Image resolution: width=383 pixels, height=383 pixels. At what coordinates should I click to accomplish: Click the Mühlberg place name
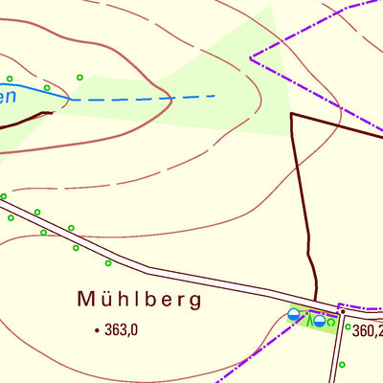coord(140,300)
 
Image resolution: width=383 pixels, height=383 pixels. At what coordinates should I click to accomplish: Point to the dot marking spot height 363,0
coord(97,330)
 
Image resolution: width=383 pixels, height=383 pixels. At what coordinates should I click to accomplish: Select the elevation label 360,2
coord(367,331)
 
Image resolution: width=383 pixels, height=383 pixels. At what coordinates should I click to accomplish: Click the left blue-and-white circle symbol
coord(294,314)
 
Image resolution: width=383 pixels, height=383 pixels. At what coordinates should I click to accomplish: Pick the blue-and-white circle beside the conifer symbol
coord(319,321)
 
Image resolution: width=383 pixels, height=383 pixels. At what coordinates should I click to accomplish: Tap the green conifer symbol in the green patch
coord(308,320)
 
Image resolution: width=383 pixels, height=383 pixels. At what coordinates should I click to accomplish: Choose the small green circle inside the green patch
coord(331,323)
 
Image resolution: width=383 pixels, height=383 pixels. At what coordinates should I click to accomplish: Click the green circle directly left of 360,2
coord(347,327)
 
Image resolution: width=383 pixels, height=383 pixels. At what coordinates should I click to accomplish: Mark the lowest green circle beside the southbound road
coord(342,365)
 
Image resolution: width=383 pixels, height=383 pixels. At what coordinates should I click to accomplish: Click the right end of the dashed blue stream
coord(214,95)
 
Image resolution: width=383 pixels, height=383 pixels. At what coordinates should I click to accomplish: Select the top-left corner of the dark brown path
coord(291,114)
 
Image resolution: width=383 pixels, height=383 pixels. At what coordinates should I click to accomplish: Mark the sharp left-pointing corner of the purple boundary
coord(251,58)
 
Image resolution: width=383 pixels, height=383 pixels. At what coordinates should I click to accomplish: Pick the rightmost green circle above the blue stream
coord(79,78)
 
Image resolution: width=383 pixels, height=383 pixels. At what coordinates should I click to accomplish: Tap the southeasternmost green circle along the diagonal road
coord(108,262)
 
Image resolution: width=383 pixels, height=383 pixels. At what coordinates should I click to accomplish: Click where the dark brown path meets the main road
coord(315,298)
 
